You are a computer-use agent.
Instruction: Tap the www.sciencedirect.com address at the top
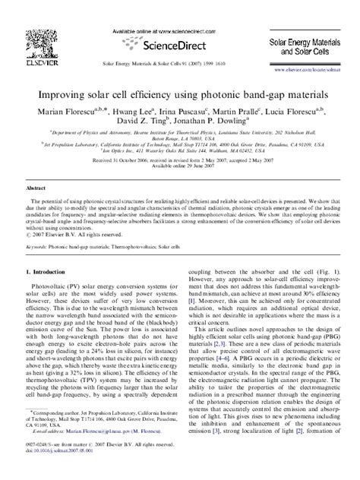click(x=179, y=11)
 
